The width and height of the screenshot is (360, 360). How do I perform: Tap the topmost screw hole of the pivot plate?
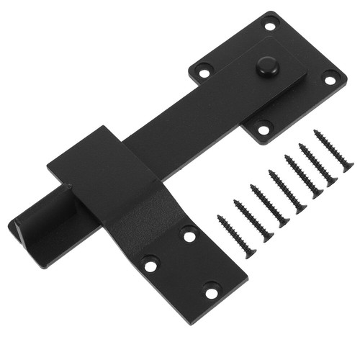click(270, 27)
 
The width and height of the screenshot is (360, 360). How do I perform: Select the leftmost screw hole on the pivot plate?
click(204, 72)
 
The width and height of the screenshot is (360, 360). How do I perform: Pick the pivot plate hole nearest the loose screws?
click(264, 130)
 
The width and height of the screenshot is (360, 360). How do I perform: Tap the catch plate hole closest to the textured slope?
click(189, 235)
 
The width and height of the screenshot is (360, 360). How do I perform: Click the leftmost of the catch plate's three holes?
click(150, 266)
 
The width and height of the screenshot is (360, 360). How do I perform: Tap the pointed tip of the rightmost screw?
click(315, 132)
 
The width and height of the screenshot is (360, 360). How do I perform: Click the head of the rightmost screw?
click(348, 167)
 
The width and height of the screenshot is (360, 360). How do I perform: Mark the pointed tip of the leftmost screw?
click(219, 215)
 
